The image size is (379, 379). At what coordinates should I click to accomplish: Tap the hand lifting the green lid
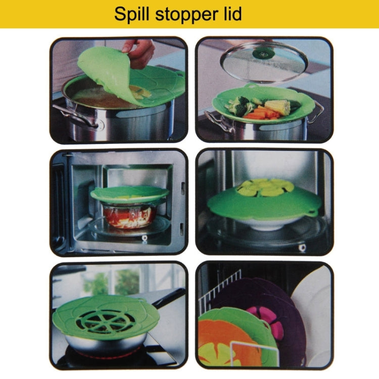138,51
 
